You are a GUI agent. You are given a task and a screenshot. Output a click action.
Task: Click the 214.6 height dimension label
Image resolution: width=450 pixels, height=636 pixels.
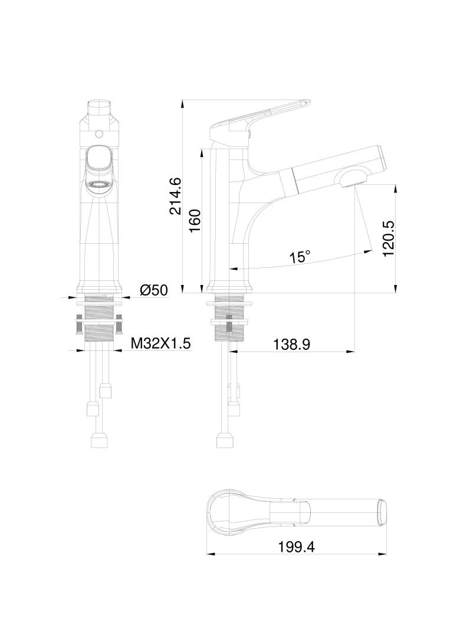pyautogui.click(x=175, y=196)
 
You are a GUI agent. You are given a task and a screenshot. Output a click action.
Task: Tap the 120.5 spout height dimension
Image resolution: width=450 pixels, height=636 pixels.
pyautogui.click(x=387, y=238)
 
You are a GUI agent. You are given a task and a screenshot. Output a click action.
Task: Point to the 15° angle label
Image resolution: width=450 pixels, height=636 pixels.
pyautogui.click(x=300, y=257)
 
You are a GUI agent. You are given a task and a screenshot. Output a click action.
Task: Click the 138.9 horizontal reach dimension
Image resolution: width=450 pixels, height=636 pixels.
pyautogui.click(x=291, y=344)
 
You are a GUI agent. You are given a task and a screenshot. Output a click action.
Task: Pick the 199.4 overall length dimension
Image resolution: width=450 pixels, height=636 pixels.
pyautogui.click(x=296, y=546)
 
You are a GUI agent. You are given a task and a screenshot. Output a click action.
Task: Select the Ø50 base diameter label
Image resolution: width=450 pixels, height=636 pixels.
pyautogui.click(x=154, y=290)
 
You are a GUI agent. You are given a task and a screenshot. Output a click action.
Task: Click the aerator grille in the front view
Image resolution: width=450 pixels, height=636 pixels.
pyautogui.click(x=98, y=185)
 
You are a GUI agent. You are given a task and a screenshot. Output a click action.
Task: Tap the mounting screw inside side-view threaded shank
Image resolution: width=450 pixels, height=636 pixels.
pyautogui.click(x=229, y=325)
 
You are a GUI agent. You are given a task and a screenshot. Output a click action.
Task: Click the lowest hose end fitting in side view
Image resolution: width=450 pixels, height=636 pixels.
pyautogui.click(x=224, y=440)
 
